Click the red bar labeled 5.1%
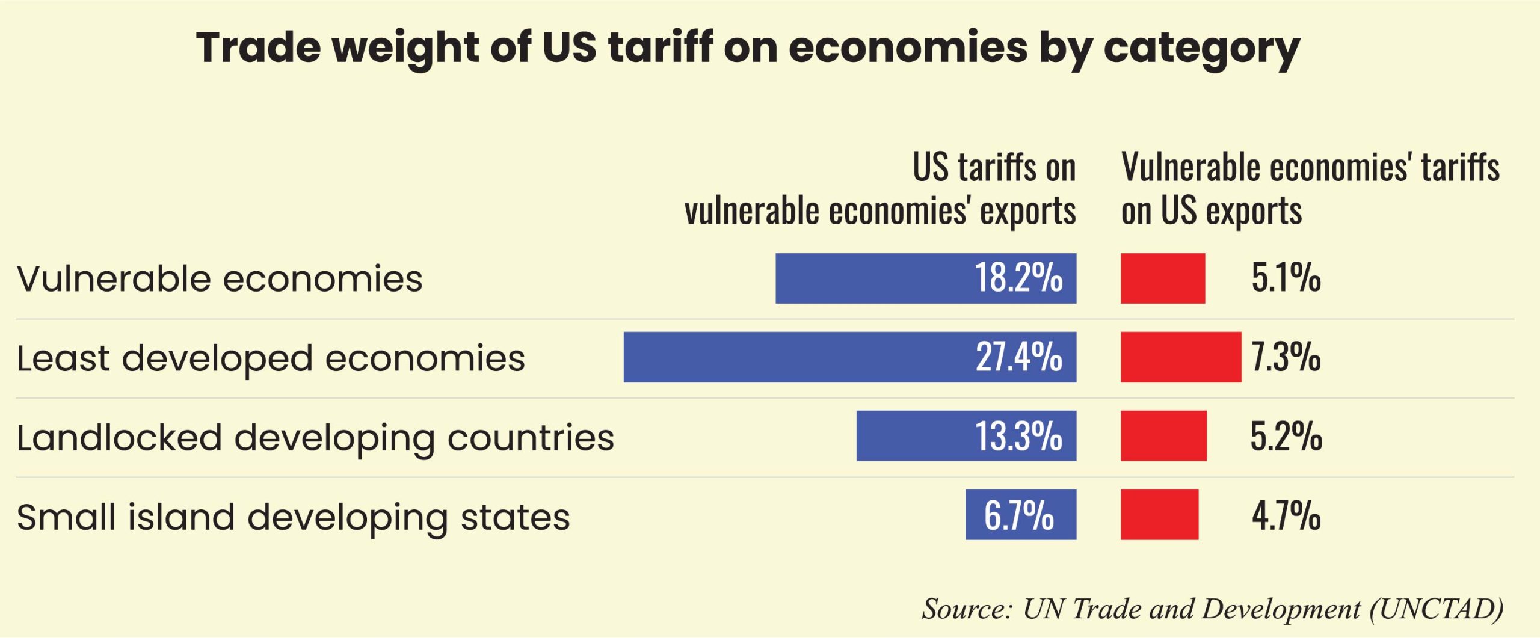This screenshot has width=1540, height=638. (1163, 278)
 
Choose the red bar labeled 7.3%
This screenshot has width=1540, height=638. (1181, 357)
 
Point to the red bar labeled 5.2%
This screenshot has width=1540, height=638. (1163, 436)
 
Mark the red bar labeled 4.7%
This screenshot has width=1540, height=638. (1159, 515)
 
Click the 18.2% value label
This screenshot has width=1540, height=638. (1018, 278)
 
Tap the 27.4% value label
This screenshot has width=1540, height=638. (1018, 357)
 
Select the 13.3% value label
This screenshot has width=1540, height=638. (1018, 436)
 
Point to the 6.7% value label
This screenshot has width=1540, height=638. (1019, 515)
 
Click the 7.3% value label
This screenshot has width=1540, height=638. (1286, 357)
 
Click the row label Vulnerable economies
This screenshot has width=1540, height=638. (220, 279)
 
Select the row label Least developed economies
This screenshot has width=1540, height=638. (271, 358)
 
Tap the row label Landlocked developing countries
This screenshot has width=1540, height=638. (315, 438)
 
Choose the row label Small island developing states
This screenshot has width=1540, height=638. (293, 517)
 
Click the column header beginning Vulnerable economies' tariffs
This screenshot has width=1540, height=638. (1310, 189)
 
